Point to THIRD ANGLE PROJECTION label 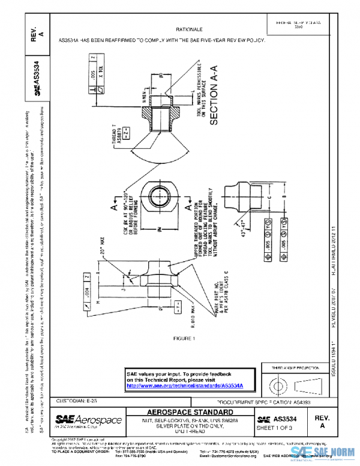click(295, 368)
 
